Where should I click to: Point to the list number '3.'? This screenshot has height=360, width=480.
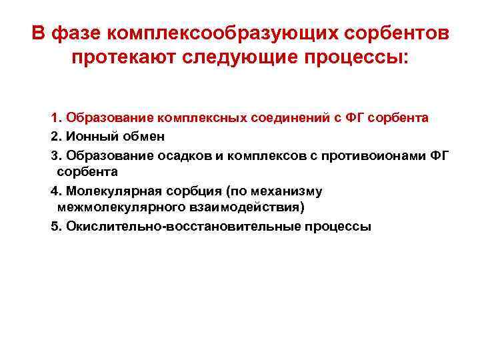56,155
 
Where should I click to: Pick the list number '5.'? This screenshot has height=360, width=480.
56,227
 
